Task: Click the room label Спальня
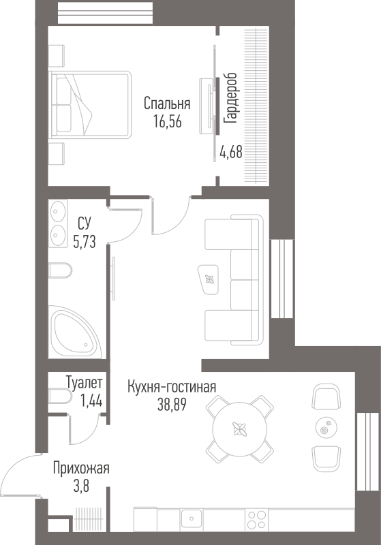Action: tap(167, 104)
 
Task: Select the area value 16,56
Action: tap(168, 122)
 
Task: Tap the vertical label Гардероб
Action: tap(230, 98)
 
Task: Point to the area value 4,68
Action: tap(231, 152)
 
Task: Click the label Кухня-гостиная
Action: tap(172, 387)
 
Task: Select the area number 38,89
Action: tap(172, 404)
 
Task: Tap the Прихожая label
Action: tap(81, 469)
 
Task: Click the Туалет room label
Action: tap(84, 383)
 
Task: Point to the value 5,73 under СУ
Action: tap(84, 241)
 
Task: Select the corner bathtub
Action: tap(75, 332)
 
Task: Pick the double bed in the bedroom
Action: tap(90, 105)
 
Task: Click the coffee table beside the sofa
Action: tap(209, 279)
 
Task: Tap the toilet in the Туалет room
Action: tap(60, 396)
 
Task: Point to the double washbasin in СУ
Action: tap(58, 223)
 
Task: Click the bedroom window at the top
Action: tap(105, 13)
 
